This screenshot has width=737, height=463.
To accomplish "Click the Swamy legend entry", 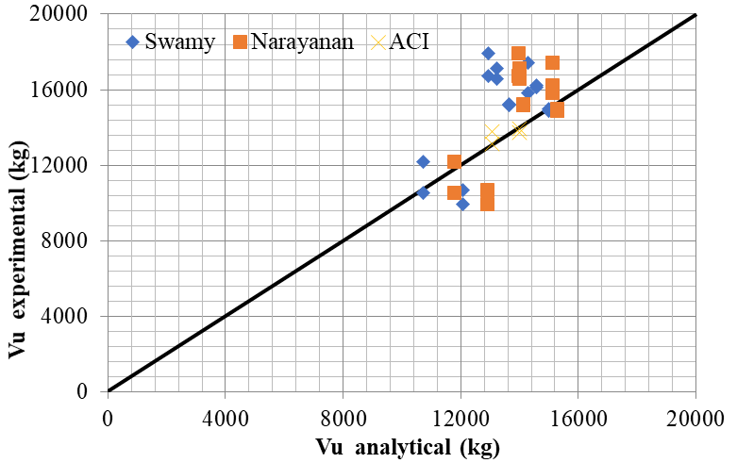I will pos(171,41).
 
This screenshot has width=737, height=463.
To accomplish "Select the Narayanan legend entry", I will pos(293,41).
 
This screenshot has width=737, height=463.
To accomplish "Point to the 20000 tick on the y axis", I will pos(65,15).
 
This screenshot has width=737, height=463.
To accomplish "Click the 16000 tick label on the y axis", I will pos(65,91).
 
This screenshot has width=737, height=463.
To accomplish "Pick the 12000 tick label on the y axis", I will pos(65,166).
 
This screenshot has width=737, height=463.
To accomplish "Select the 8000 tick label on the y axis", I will pos(70,240).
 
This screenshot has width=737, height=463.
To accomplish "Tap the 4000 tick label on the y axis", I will pos(70,316).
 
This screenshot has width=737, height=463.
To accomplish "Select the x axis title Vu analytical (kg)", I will pos(401,446).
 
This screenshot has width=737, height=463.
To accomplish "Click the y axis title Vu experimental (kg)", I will pos(18,204).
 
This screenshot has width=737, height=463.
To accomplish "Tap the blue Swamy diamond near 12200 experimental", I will pos(423,162).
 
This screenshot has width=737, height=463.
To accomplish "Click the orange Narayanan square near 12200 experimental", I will pos(454,162).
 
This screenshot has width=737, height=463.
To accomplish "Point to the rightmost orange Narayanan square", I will pos(557,110).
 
